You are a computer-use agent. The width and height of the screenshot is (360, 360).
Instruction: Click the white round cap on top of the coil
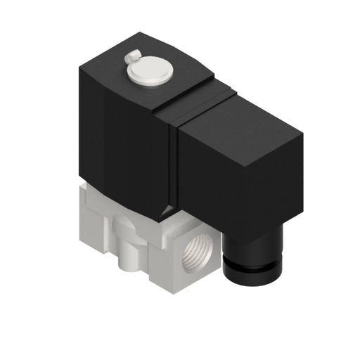(x=150, y=72)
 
